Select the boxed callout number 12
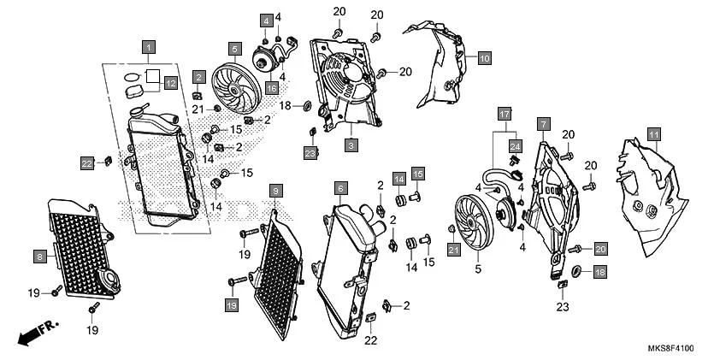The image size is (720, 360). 170,83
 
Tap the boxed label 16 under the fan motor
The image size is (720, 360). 271,87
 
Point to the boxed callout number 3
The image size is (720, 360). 351,146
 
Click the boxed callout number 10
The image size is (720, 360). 484,58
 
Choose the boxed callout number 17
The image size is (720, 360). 504,113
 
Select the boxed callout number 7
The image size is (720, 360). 542,125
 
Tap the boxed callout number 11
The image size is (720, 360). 653,134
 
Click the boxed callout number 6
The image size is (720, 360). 340,187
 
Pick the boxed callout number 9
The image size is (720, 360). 274,188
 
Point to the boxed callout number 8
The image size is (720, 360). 40,255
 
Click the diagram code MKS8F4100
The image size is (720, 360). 670,349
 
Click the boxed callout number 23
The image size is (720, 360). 310,153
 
